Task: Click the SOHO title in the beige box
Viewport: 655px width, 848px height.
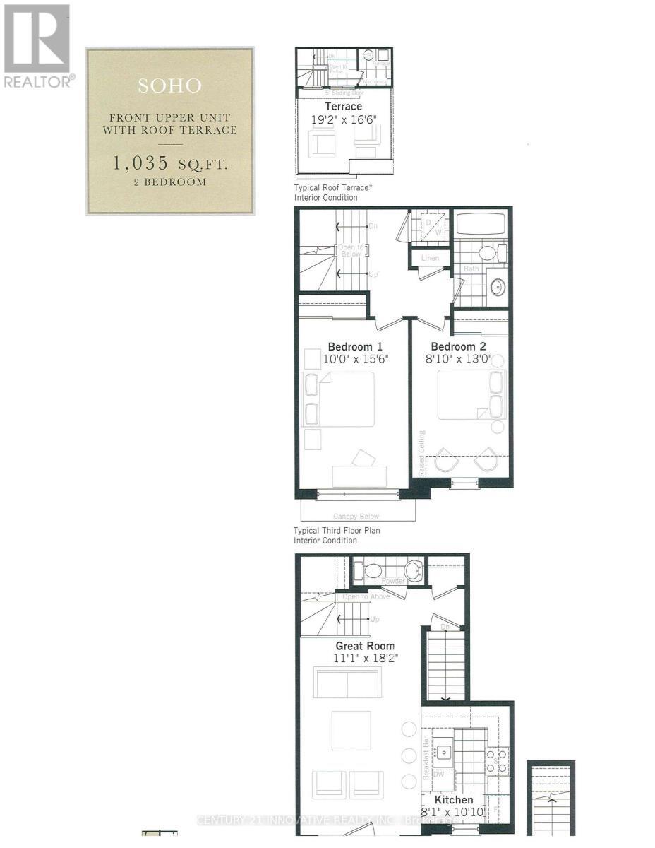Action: click(169, 86)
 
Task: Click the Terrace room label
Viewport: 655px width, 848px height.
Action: click(344, 107)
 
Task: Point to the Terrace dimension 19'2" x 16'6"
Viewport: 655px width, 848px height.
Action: click(344, 119)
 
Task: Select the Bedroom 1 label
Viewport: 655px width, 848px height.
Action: click(355, 347)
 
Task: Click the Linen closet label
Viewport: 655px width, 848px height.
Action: click(430, 258)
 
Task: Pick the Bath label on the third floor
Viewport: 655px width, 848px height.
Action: click(471, 269)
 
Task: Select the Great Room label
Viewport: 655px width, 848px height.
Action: click(365, 646)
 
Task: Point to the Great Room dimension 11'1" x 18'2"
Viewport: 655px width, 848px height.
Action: click(364, 659)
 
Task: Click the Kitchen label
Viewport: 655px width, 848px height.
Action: click(454, 801)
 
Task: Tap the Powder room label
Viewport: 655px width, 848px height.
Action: click(393, 581)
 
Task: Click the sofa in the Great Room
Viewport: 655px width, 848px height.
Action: click(349, 681)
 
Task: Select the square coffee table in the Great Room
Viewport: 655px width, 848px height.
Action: click(351, 730)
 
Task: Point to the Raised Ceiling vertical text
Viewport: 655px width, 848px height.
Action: click(422, 453)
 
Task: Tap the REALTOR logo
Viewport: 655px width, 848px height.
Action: click(38, 45)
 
